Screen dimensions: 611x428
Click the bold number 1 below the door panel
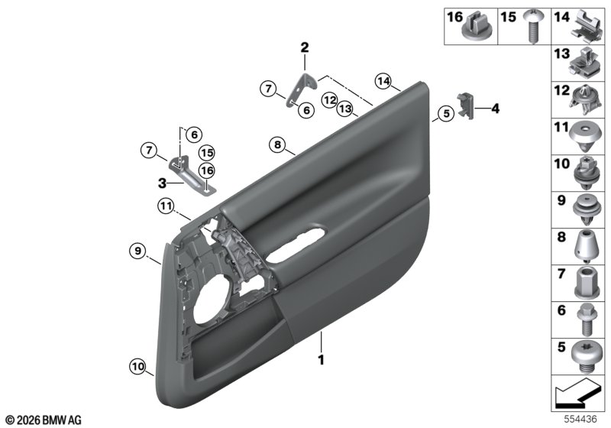(x=321, y=360)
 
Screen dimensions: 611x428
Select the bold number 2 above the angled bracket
(x=304, y=47)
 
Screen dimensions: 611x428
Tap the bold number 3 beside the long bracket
(x=162, y=183)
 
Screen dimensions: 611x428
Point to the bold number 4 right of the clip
(x=495, y=109)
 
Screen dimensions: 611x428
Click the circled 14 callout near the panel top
(x=383, y=82)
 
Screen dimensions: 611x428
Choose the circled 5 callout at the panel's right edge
(x=446, y=113)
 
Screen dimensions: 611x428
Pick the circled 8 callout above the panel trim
(x=277, y=145)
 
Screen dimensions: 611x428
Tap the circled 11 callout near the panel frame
(x=166, y=206)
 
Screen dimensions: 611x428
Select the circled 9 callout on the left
(x=137, y=251)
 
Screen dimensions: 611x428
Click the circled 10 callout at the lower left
(x=138, y=366)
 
